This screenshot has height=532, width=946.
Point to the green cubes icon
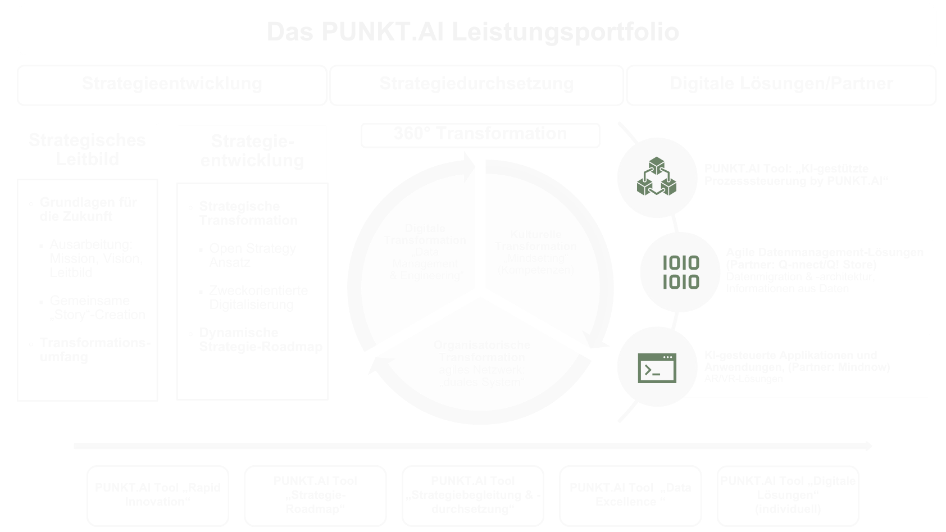pyautogui.click(x=656, y=177)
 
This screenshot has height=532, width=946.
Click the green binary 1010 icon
pyautogui.click(x=681, y=272)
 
